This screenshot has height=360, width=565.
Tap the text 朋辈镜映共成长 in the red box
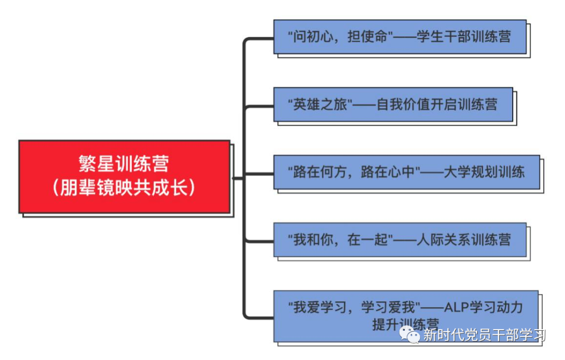(125, 187)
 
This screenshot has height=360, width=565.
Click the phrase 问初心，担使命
(341, 37)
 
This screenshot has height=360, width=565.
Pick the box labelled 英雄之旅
(393, 104)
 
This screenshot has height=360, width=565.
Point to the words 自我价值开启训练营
(437, 104)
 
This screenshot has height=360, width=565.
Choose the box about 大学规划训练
(406, 172)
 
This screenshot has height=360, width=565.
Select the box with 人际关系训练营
(400, 240)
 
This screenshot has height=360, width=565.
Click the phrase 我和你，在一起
(341, 240)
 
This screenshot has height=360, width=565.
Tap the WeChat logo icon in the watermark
(410, 334)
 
